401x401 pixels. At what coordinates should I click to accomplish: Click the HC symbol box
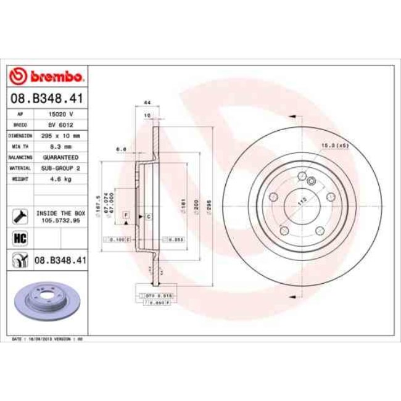point(19,238)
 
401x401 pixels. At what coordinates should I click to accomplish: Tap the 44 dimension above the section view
point(147,102)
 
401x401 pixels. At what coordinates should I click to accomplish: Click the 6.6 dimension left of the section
point(121,149)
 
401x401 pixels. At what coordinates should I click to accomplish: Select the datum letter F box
point(126,214)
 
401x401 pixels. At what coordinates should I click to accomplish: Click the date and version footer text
point(48,339)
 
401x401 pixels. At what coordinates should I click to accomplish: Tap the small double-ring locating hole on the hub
point(312,181)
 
